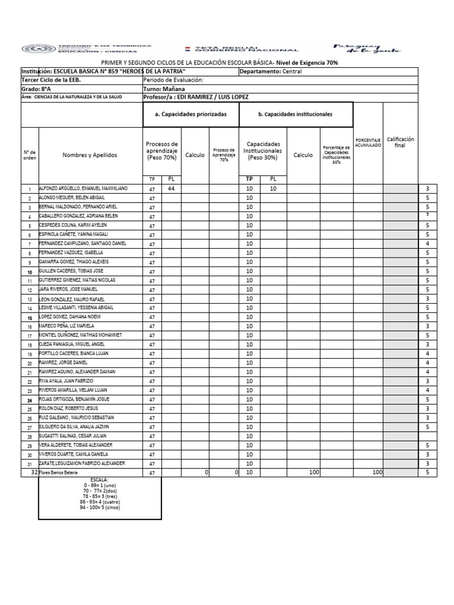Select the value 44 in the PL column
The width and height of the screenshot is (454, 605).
[171, 188]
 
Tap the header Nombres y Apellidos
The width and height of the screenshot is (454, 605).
[90, 155]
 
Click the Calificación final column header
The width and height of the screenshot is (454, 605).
[400, 142]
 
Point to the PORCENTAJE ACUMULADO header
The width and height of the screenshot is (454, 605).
[368, 142]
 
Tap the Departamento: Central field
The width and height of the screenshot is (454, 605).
[271, 71]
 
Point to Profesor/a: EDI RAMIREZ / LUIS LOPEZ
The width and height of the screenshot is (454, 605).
[196, 97]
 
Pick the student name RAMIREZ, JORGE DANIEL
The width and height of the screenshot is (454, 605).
[63, 362]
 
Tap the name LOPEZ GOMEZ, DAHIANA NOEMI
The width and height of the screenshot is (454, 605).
[70, 317]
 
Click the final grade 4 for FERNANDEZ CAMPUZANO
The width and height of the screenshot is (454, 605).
[427, 243]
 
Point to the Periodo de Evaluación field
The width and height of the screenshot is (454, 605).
[173, 80]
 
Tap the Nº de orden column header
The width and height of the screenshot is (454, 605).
[30, 155]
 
